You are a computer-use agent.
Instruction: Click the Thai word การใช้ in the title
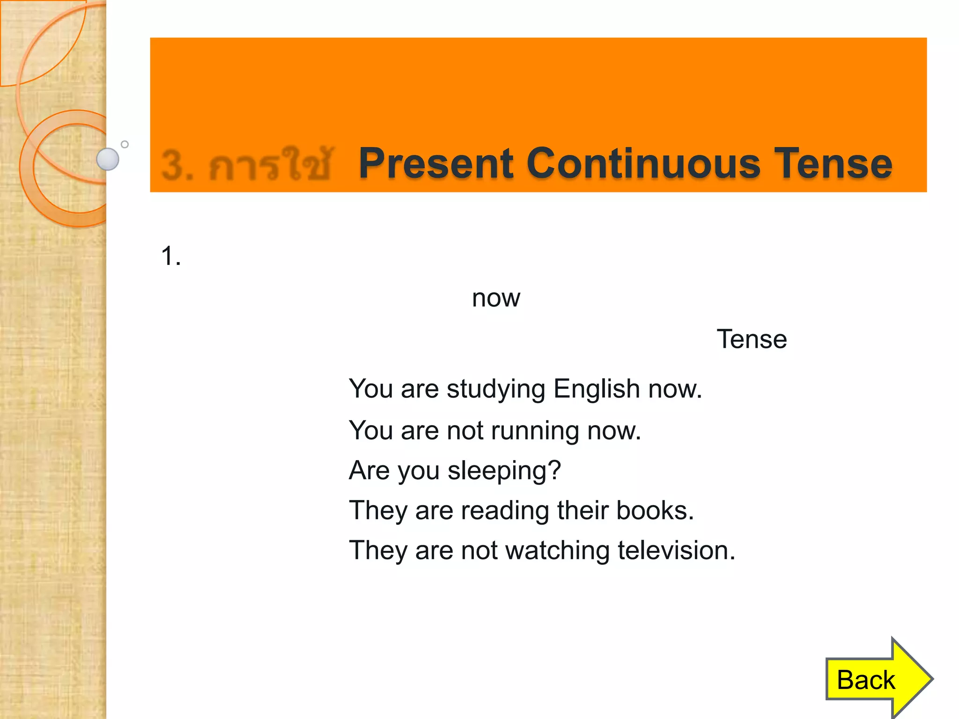point(270,164)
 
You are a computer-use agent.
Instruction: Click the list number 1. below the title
point(170,257)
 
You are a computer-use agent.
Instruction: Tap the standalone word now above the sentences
point(496,298)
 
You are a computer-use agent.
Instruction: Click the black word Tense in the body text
point(752,339)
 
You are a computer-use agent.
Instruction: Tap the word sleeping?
point(504,471)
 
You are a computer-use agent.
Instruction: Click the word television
point(676,550)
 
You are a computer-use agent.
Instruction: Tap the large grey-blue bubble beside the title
point(108,159)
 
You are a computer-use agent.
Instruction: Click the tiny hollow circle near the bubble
point(125,144)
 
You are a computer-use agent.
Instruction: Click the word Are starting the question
point(369,470)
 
